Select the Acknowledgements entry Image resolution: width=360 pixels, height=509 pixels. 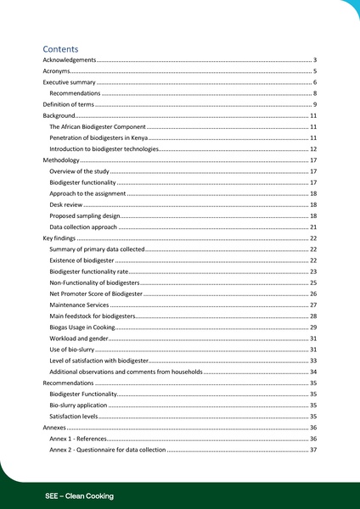tap(70, 61)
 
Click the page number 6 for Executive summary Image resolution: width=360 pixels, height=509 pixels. tap(314, 82)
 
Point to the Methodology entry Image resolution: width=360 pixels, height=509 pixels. tap(61, 159)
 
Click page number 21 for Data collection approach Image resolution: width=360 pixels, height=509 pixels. tap(312, 227)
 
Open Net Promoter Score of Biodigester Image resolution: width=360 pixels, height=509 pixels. tap(96, 294)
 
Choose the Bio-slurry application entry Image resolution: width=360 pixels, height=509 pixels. tap(78, 406)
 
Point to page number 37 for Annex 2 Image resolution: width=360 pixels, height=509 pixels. tap(312, 450)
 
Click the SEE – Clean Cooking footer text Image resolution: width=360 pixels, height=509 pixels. tap(79, 495)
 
